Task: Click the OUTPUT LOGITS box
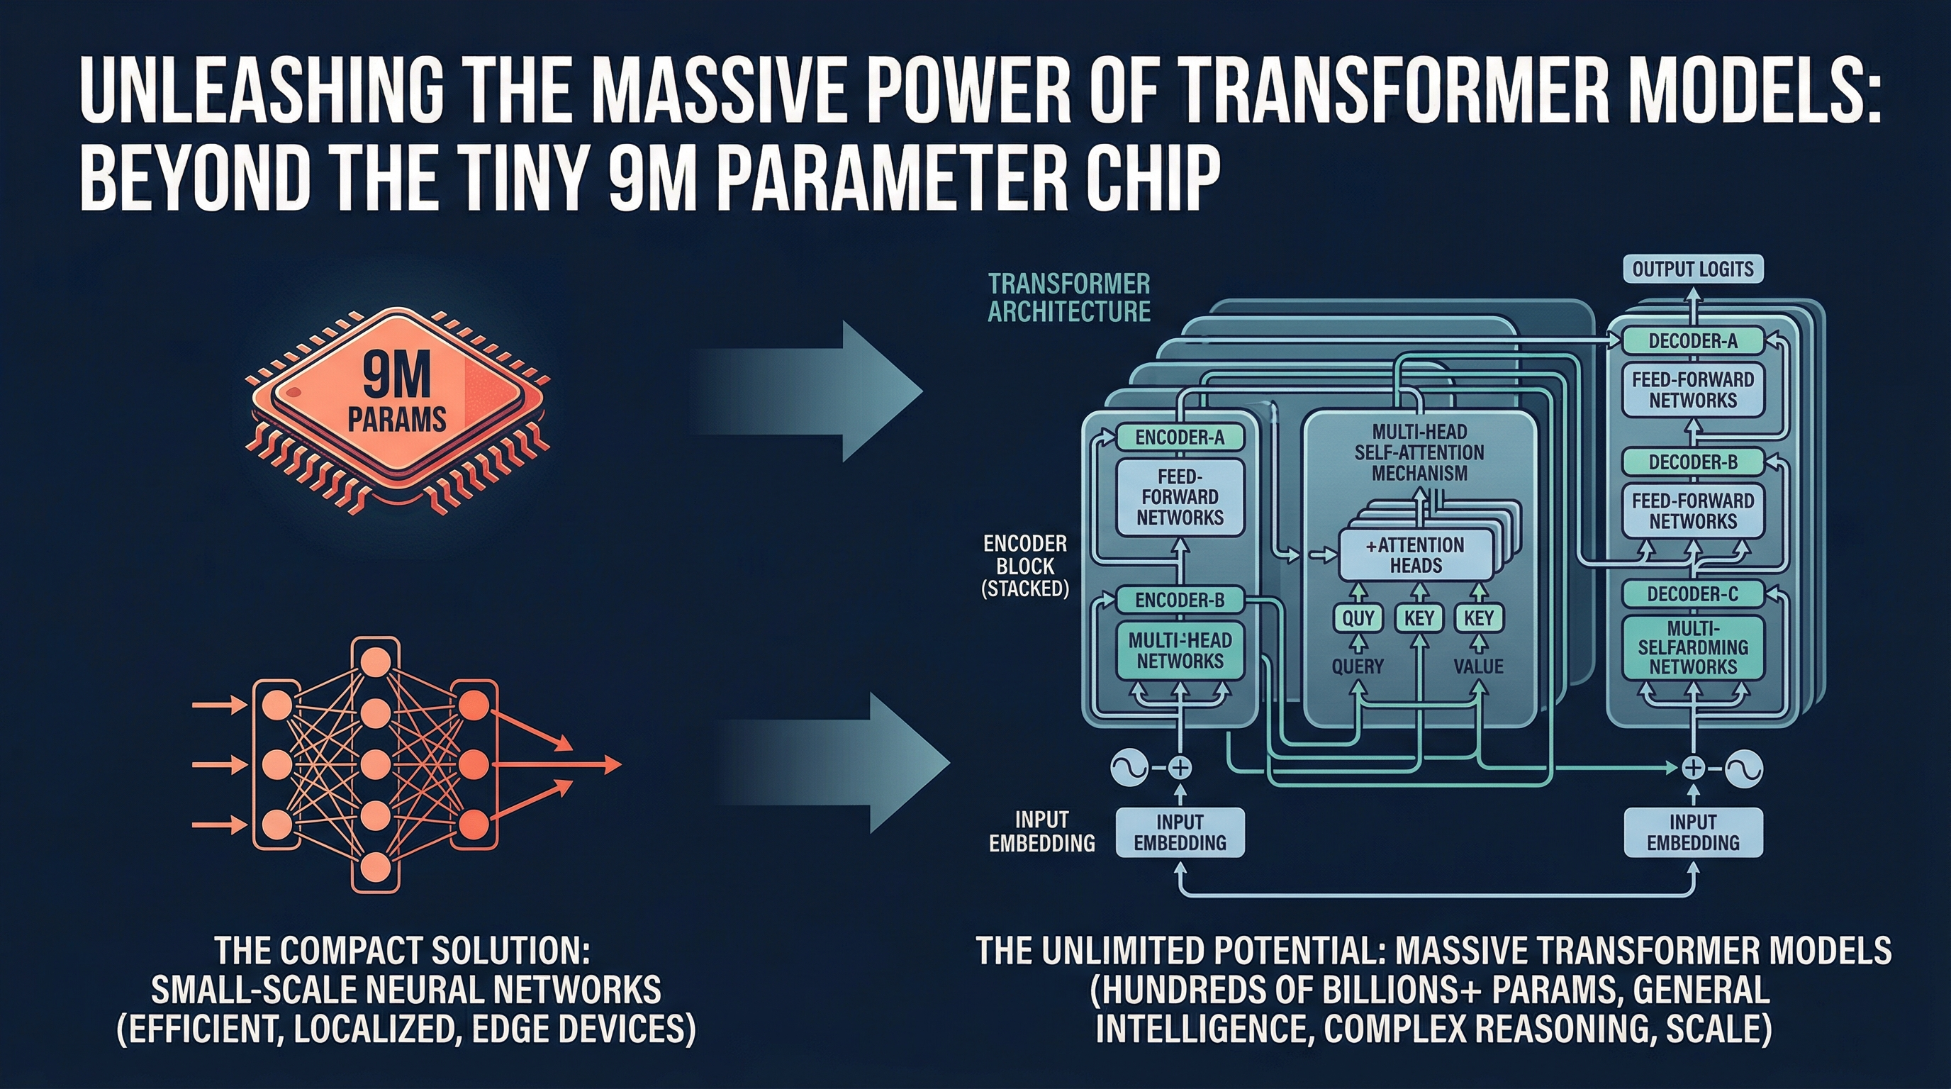pos(1693,269)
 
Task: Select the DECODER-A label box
pos(1693,341)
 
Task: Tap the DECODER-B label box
pos(1693,462)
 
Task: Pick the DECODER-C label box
pos(1693,594)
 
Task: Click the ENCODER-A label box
pos(1179,437)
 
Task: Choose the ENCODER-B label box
pos(1179,601)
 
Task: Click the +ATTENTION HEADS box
pos(1415,555)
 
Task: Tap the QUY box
pos(1358,619)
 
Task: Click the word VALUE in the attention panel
pos(1478,666)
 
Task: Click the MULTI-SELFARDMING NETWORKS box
pos(1693,647)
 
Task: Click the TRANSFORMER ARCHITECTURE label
pos(1068,298)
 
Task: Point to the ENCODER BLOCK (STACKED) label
pos(1024,566)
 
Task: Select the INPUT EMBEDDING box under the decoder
pos(1693,832)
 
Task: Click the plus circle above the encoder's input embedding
pos(1179,768)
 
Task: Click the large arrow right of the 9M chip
pos(818,391)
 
